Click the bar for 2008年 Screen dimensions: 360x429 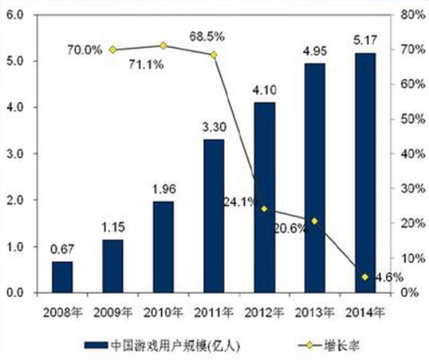coord(62,277)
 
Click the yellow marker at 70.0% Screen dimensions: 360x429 coord(113,49)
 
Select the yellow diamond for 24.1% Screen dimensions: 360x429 coord(264,209)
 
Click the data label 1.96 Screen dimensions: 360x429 coord(163,192)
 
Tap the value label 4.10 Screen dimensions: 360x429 coord(264,92)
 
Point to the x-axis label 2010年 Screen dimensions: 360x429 coord(163,311)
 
